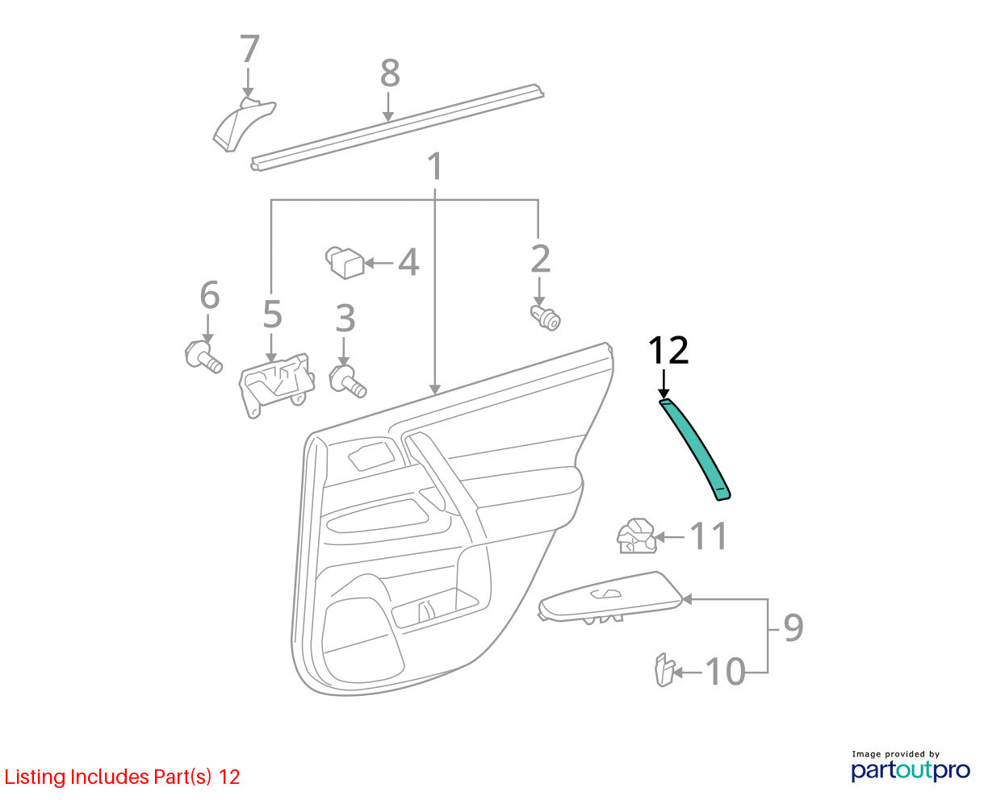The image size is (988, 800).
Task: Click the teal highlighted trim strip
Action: tap(695, 448)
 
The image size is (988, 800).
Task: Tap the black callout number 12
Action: tap(668, 351)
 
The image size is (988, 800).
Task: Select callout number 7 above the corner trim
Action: tap(249, 48)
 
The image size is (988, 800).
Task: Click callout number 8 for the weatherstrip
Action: tap(390, 73)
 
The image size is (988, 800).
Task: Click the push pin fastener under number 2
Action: tap(546, 318)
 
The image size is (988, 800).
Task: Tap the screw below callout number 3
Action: tap(347, 381)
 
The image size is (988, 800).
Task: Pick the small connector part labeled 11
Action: tap(636, 536)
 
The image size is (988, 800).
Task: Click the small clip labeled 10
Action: tap(664, 669)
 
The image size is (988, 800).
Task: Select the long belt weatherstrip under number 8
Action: tap(397, 127)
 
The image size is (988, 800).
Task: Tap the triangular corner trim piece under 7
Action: tap(243, 123)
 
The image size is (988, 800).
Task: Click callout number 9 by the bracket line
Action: tap(793, 627)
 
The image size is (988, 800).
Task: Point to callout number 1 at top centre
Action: tap(434, 166)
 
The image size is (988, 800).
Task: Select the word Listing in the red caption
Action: tap(36, 777)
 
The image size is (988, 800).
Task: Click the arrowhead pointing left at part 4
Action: tap(369, 263)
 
